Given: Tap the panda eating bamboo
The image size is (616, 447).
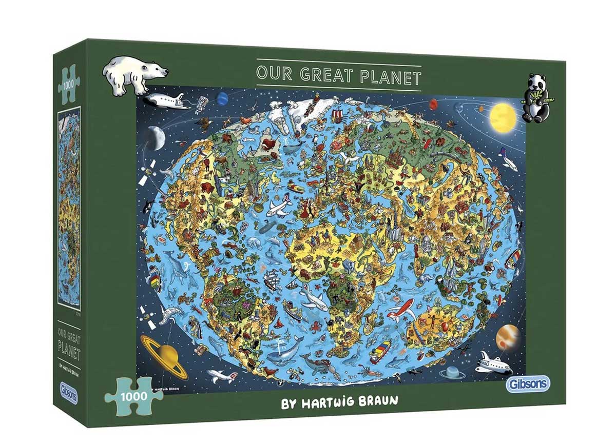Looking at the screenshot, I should pyautogui.click(x=535, y=98).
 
